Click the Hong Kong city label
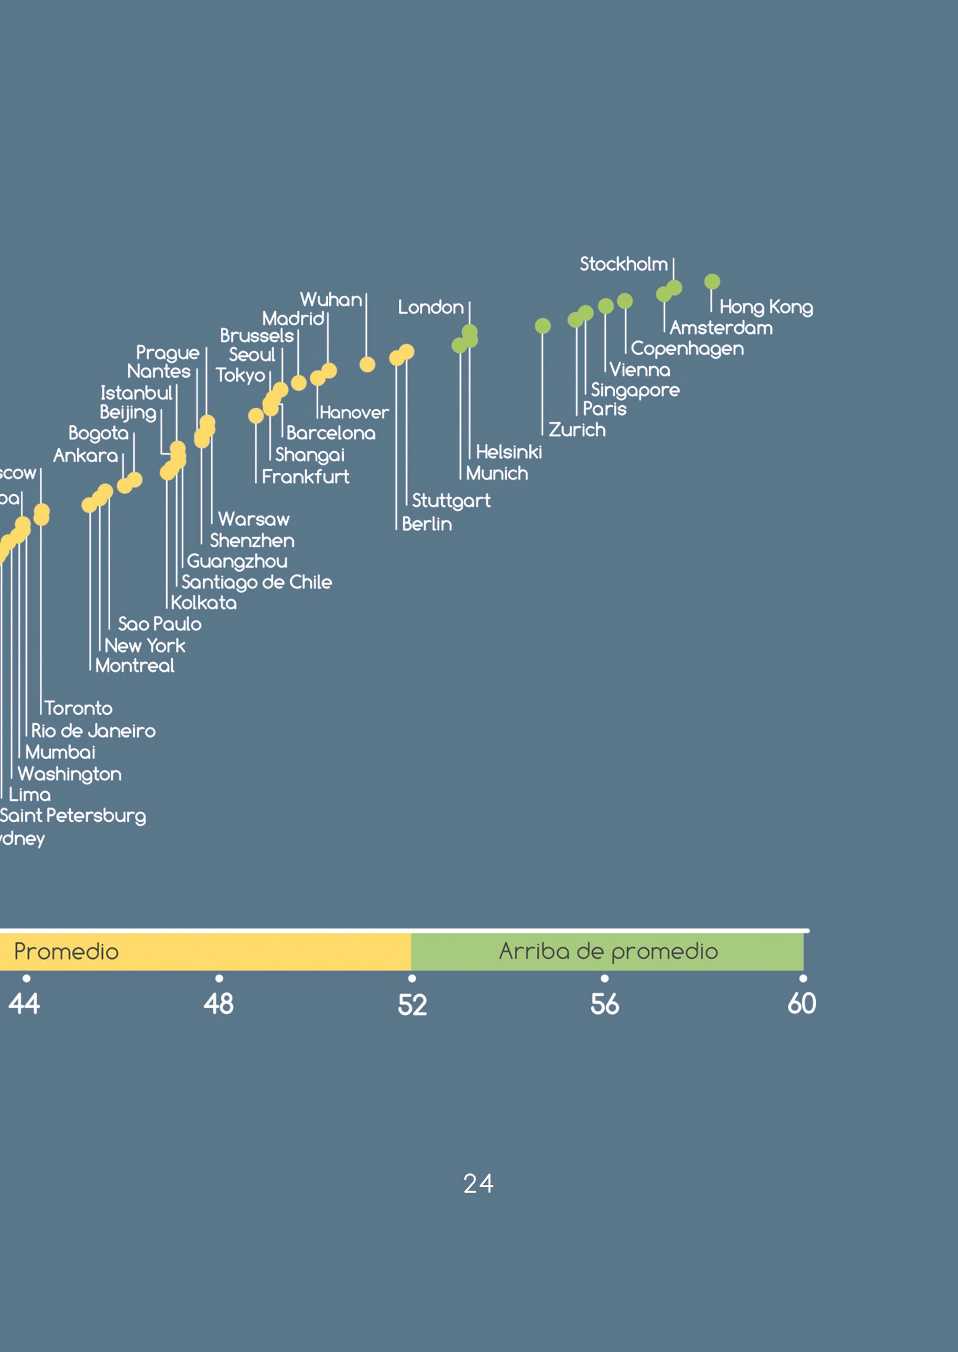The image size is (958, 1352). point(766,307)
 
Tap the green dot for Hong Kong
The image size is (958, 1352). point(712,282)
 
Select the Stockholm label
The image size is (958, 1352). point(624,264)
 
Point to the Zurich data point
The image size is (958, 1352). point(543,326)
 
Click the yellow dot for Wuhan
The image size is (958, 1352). point(367,365)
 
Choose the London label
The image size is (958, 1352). point(431,307)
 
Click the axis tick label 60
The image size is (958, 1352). point(802,1003)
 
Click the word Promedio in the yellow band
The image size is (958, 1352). point(66,952)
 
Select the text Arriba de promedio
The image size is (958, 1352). point(608,951)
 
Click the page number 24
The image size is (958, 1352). point(479,1183)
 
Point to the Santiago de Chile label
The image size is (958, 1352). point(256,582)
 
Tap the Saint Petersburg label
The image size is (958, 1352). point(72,816)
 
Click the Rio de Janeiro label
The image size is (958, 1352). point(93,731)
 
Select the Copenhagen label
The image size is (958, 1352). point(687,349)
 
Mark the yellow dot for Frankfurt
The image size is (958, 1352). point(256,416)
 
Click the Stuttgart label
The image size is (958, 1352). point(451,501)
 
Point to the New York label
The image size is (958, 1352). point(145,646)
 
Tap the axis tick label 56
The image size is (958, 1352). point(605,1004)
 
